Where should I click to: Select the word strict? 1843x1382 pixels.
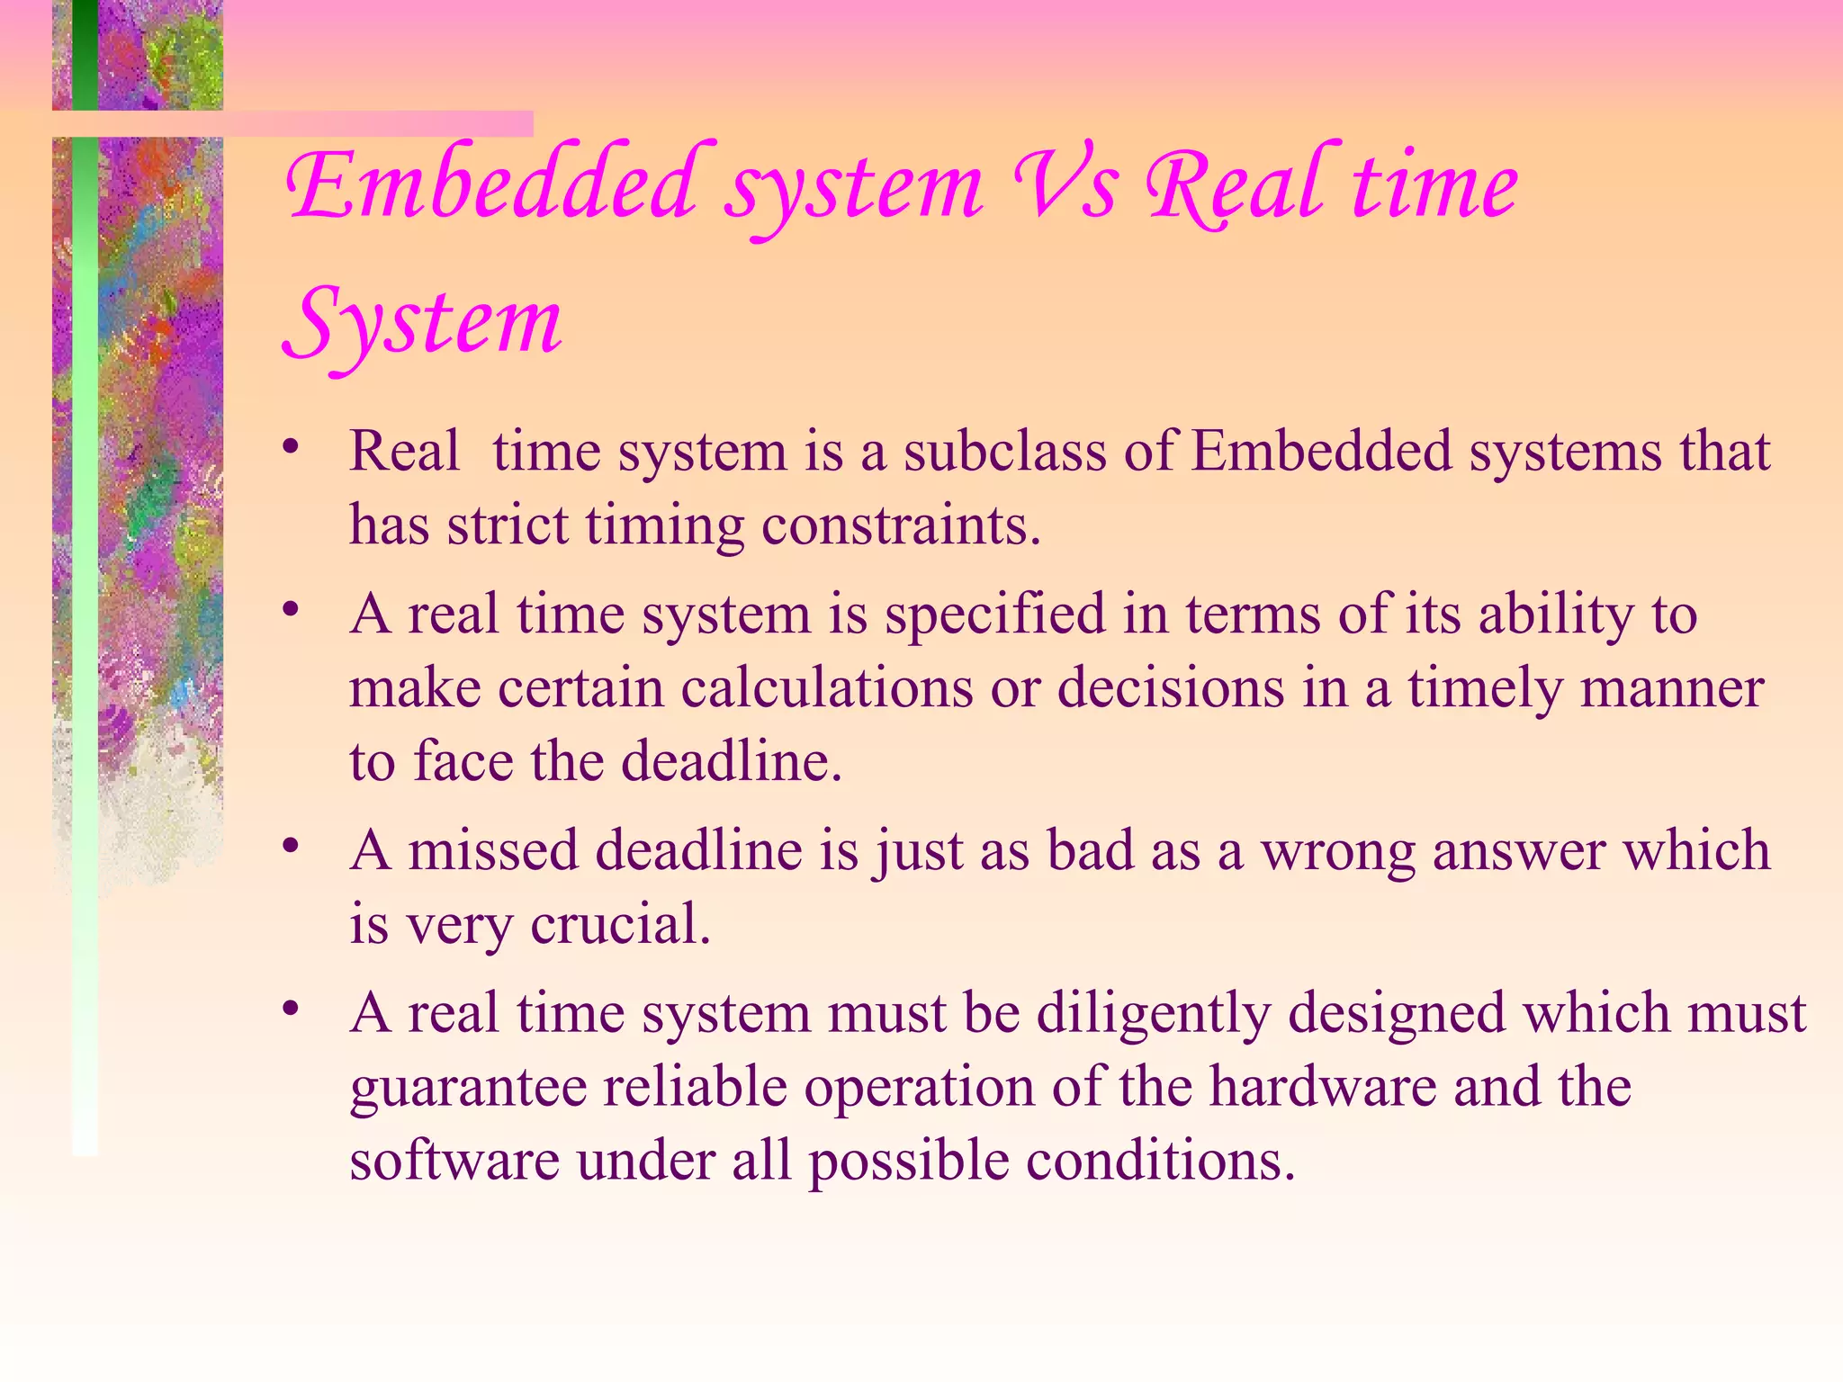(508, 525)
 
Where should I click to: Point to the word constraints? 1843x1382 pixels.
(901, 525)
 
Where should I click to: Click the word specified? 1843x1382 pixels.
(994, 615)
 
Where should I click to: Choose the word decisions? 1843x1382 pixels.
(1171, 688)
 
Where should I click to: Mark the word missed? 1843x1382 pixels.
(493, 850)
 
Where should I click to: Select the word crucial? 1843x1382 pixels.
(620, 925)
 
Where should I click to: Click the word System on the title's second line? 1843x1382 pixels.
(423, 325)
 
